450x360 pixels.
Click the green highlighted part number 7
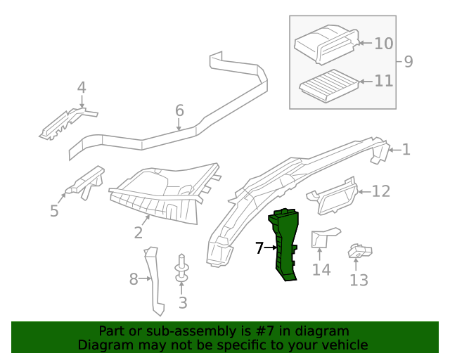[x=287, y=246]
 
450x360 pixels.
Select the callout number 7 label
[x=259, y=247]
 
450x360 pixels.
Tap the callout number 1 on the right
[x=406, y=149]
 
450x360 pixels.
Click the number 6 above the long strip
[x=179, y=110]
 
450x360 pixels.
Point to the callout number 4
[x=82, y=88]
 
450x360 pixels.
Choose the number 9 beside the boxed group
[x=409, y=61]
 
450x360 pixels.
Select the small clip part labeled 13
[x=360, y=251]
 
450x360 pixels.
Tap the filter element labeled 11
[x=328, y=87]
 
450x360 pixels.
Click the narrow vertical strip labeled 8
[x=154, y=281]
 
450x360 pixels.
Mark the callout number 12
[x=380, y=191]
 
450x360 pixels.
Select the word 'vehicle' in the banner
[x=345, y=345]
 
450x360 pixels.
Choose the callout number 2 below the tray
[x=138, y=232]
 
